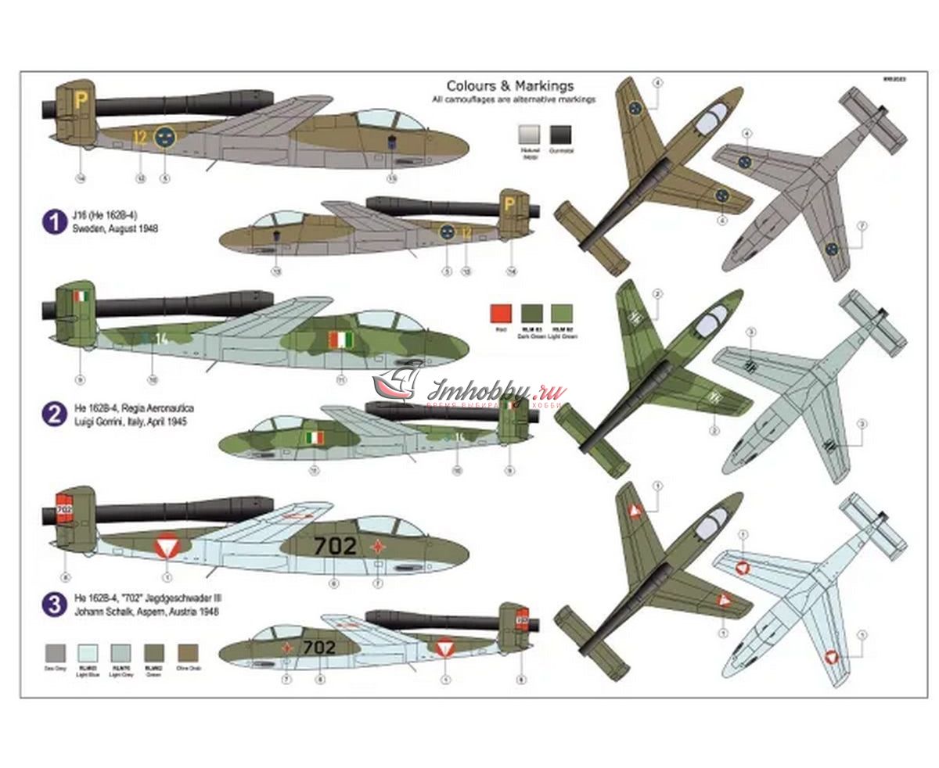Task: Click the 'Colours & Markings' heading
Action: (x=509, y=86)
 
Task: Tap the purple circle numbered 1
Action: (x=54, y=221)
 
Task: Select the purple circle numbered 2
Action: (x=54, y=414)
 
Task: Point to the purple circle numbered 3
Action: (x=54, y=603)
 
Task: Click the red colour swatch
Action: (x=501, y=314)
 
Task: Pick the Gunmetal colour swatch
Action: (x=561, y=135)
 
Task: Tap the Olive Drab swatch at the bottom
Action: (x=188, y=653)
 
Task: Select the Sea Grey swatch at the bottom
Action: (x=55, y=653)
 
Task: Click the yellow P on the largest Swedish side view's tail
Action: (x=81, y=99)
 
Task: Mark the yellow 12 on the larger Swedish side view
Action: (x=140, y=138)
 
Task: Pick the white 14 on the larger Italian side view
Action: (x=161, y=339)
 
